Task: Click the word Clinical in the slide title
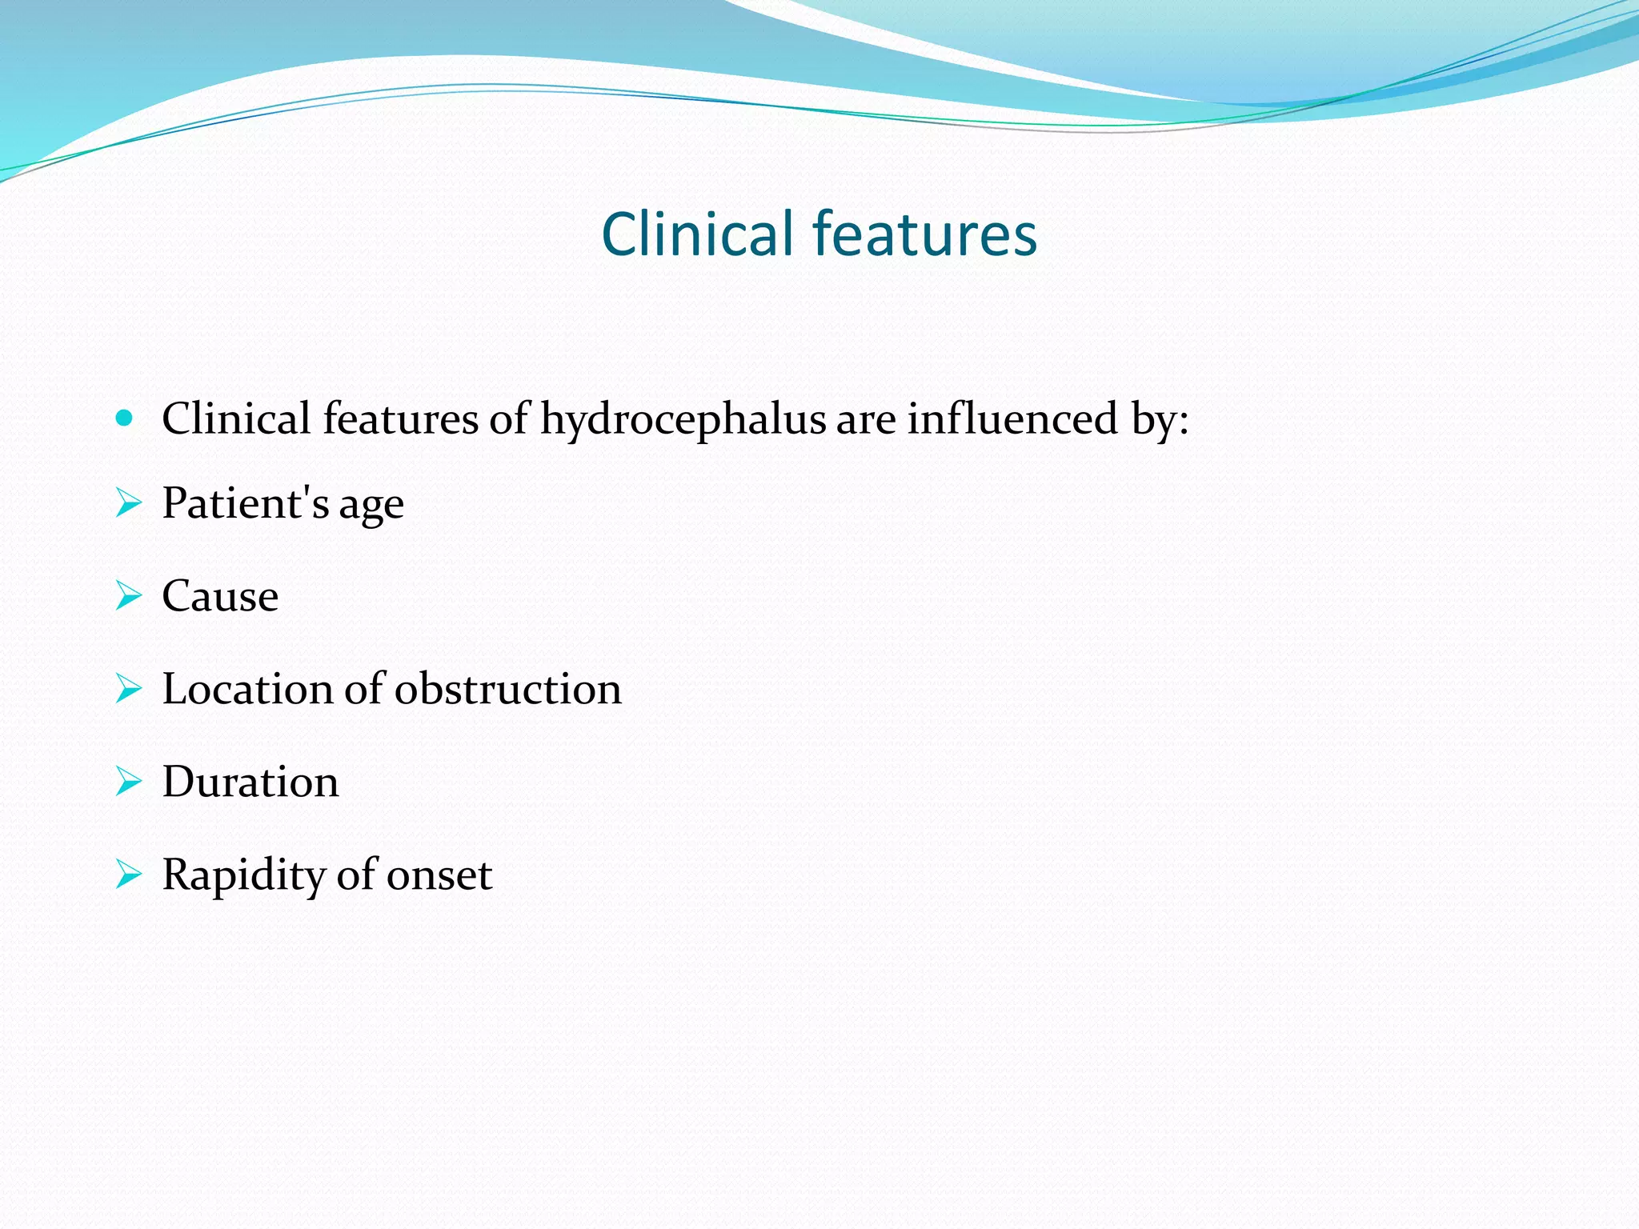pyautogui.click(x=698, y=234)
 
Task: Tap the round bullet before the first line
pyautogui.click(x=124, y=418)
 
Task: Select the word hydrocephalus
pyautogui.click(x=683, y=419)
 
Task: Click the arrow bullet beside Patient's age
pyautogui.click(x=128, y=503)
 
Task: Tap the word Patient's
pyautogui.click(x=245, y=503)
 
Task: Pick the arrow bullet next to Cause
pyautogui.click(x=128, y=596)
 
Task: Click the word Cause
pyautogui.click(x=220, y=596)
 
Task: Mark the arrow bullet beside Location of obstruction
pyautogui.click(x=128, y=689)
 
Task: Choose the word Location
pyautogui.click(x=247, y=689)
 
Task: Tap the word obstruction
pyautogui.click(x=507, y=689)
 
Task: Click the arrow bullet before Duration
pyautogui.click(x=128, y=782)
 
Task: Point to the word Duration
pyautogui.click(x=250, y=782)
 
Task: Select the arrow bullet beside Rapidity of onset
pyautogui.click(x=128, y=875)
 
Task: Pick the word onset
pyautogui.click(x=439, y=875)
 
